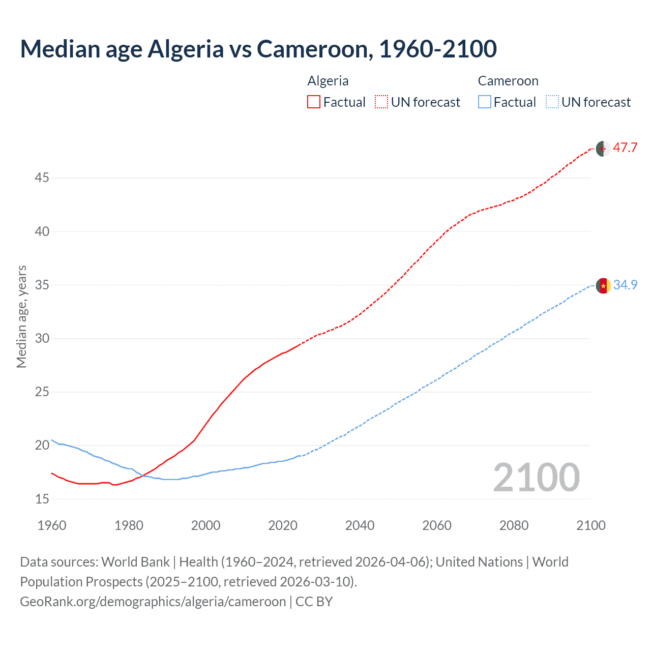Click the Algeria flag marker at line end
tap(603, 149)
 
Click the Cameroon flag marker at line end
tap(603, 286)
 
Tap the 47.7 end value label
tap(625, 148)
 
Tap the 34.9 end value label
tap(625, 285)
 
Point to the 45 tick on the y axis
tap(42, 178)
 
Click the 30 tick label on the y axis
tap(42, 339)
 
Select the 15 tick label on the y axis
tap(42, 499)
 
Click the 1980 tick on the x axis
tap(129, 525)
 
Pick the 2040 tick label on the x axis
tap(360, 525)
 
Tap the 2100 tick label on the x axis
tap(590, 525)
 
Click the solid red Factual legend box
tap(314, 102)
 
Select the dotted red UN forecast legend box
tap(381, 102)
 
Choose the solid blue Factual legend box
tap(484, 102)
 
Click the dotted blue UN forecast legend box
tap(552, 102)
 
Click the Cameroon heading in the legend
tap(508, 81)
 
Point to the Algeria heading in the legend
tap(328, 81)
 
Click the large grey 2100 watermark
tap(536, 477)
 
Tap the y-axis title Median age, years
tap(21, 316)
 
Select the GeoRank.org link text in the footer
tap(153, 602)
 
